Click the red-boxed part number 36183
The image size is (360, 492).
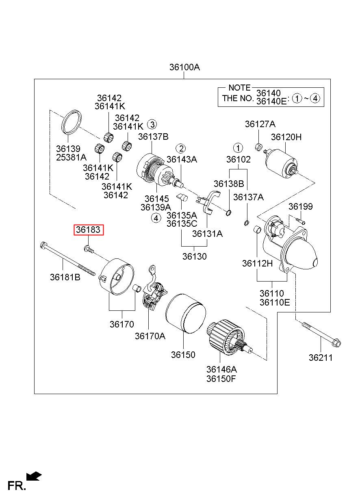click(x=88, y=230)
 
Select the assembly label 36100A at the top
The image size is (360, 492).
click(x=184, y=67)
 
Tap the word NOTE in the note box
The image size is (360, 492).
click(x=239, y=88)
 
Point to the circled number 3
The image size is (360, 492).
click(x=152, y=125)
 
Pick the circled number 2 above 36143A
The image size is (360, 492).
click(x=181, y=148)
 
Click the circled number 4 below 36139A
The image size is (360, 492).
click(x=156, y=218)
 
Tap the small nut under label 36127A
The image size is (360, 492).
click(x=259, y=147)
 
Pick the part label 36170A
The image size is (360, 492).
click(x=150, y=336)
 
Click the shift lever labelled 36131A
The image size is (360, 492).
click(x=207, y=204)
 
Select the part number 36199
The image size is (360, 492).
click(x=300, y=206)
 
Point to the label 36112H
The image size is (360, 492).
click(x=258, y=263)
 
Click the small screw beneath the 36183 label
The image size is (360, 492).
click(x=89, y=249)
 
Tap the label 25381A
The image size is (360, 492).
click(x=71, y=157)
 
